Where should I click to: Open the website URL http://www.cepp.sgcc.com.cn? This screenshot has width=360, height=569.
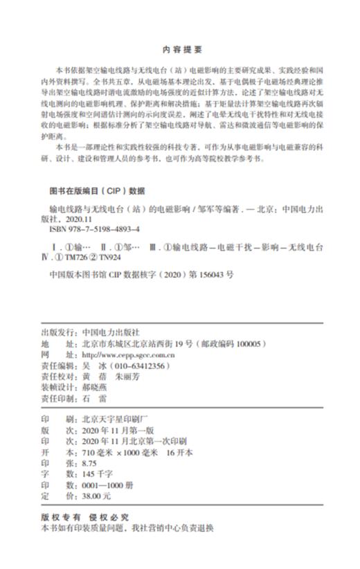pyautogui.click(x=127, y=354)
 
